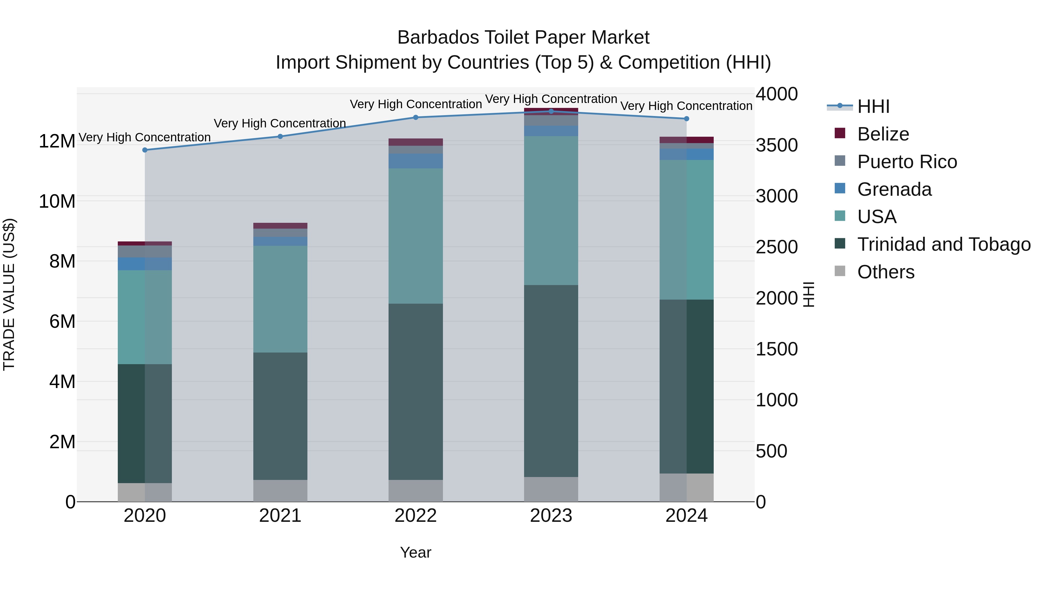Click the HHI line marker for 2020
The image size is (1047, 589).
coord(145,150)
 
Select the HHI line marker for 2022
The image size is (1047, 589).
coord(415,118)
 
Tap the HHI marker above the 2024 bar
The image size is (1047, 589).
coord(686,119)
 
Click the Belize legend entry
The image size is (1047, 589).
coord(883,134)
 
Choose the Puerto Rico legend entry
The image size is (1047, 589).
coord(907,162)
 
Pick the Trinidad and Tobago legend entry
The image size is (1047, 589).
coord(944,244)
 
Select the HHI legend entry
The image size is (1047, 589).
coord(873,106)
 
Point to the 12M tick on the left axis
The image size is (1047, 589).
coord(57,141)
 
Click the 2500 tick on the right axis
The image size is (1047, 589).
coord(776,247)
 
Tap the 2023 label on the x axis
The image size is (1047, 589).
coord(551,516)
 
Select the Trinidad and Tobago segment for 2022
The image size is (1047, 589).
coord(415,392)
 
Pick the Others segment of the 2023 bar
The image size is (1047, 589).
coord(551,490)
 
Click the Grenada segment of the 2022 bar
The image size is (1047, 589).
coord(415,161)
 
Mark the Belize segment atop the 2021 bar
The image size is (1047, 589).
coord(280,226)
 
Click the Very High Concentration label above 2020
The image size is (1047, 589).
coord(145,137)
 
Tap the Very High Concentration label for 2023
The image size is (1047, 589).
coord(551,99)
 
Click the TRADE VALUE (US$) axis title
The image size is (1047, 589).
coord(9,294)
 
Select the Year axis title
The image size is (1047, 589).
coord(415,552)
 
